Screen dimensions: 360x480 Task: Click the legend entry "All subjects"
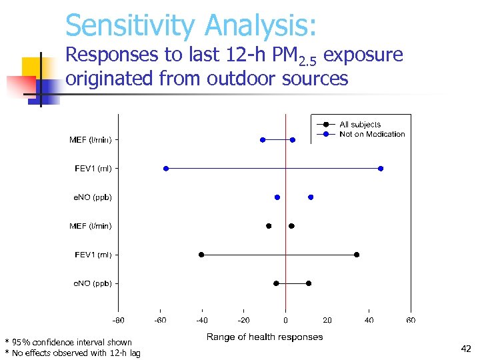360,125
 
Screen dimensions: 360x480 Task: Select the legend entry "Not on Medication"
372,134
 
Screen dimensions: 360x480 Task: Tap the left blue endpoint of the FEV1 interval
166,169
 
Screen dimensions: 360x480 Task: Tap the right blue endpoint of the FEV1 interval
381,169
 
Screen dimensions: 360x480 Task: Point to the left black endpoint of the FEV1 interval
201,255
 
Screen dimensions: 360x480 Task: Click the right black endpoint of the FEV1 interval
357,255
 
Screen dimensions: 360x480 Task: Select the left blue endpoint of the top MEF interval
263,140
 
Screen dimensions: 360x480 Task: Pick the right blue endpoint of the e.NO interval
311,197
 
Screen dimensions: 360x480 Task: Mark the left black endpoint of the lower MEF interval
269,226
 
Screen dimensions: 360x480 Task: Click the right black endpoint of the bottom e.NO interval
309,283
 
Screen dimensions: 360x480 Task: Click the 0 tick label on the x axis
285,321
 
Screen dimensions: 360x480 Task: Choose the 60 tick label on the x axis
411,321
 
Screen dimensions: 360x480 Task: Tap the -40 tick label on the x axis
201,321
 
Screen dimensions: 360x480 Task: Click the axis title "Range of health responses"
265,337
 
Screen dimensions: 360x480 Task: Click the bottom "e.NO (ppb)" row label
93,283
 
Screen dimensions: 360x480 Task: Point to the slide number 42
466,348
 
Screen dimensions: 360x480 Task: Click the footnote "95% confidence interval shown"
71,342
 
